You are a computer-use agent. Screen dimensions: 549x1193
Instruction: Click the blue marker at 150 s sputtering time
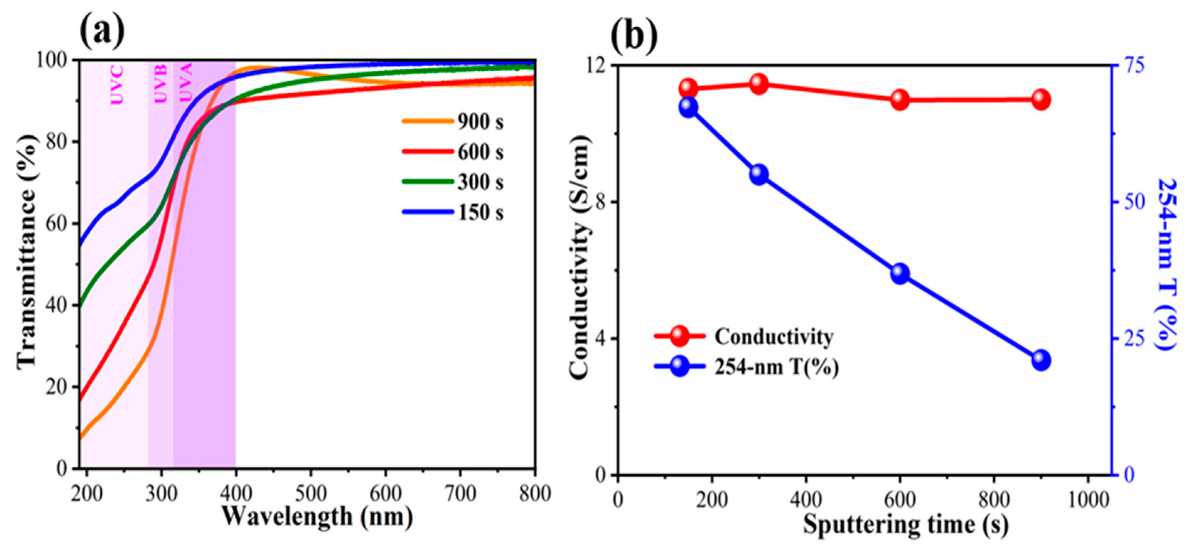point(688,107)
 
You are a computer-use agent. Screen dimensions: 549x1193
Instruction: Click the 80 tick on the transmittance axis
point(57,142)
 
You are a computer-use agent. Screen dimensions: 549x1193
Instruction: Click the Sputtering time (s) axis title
point(906,525)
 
